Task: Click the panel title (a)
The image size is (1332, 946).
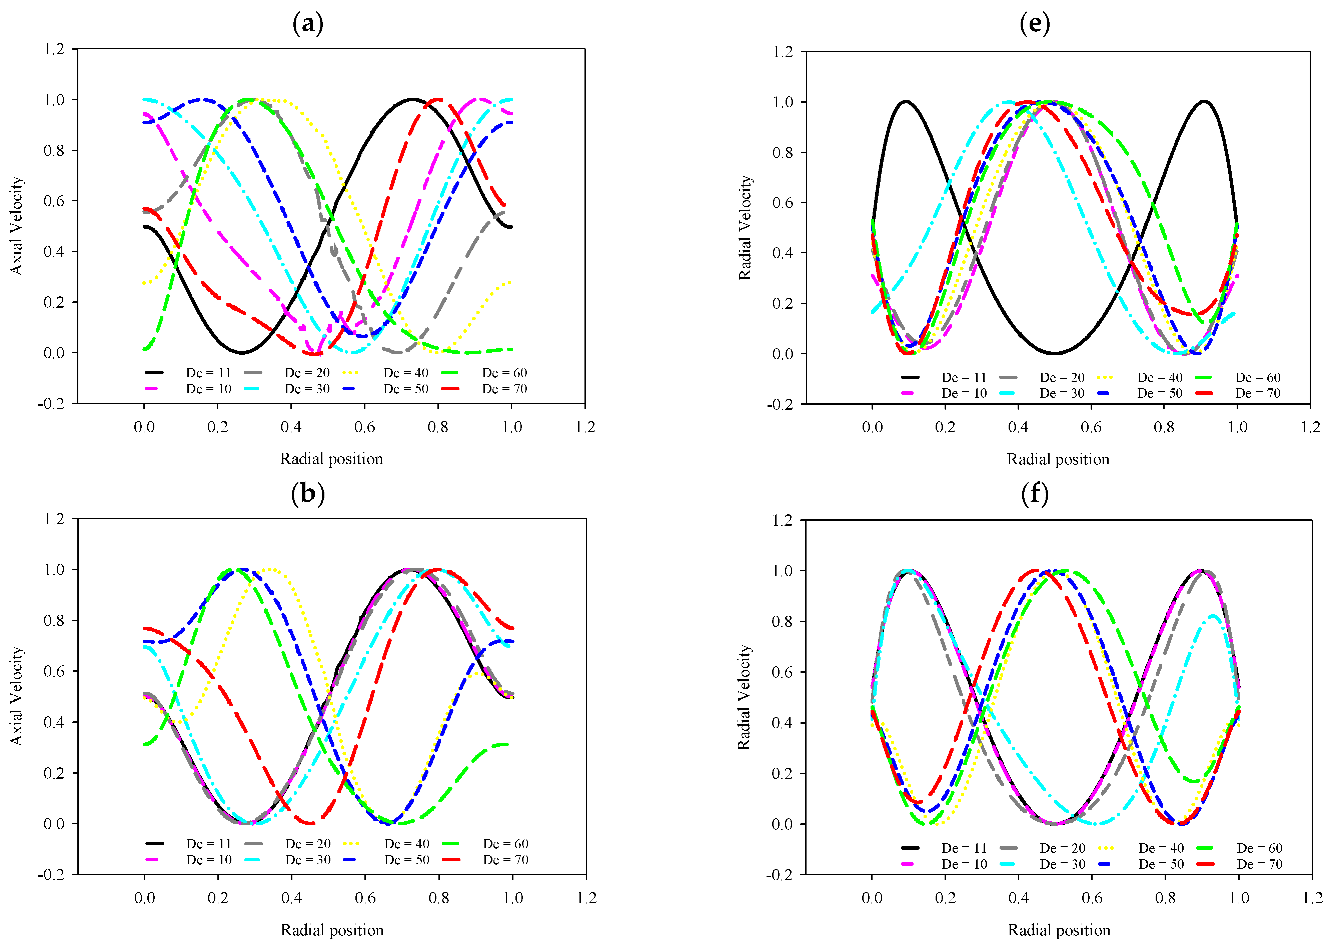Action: click(308, 24)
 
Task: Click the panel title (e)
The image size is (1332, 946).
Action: click(1035, 24)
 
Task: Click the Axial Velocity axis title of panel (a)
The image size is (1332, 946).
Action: click(16, 226)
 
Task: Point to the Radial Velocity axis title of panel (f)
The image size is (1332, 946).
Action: click(744, 697)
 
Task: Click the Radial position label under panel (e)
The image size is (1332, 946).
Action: click(1058, 459)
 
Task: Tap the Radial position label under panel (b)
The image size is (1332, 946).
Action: click(332, 930)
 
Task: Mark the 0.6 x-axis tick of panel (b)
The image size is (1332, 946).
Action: click(365, 898)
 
